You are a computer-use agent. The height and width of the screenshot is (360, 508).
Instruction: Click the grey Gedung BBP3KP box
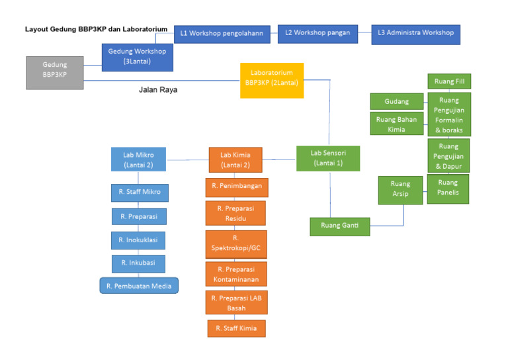pyautogui.click(x=55, y=73)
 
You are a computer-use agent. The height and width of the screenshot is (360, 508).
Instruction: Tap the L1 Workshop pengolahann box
pyautogui.click(x=222, y=34)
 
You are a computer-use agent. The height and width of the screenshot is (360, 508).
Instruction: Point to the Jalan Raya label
pyautogui.click(x=157, y=89)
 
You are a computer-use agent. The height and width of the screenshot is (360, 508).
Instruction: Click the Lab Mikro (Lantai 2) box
pyautogui.click(x=138, y=160)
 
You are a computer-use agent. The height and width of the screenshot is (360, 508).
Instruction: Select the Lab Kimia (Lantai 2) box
pyautogui.click(x=235, y=160)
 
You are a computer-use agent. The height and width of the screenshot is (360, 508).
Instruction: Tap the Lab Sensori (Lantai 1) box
pyautogui.click(x=327, y=158)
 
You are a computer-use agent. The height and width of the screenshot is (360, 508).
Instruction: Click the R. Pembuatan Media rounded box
pyautogui.click(x=139, y=286)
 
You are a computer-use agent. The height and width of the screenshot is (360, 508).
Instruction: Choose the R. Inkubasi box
pyautogui.click(x=138, y=263)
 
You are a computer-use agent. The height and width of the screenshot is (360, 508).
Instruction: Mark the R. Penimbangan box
pyautogui.click(x=236, y=187)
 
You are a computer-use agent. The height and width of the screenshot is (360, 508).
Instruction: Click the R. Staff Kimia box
pyautogui.click(x=236, y=328)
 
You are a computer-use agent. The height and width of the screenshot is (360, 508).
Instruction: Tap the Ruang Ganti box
pyautogui.click(x=340, y=226)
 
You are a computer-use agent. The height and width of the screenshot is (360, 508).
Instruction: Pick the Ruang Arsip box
pyautogui.click(x=400, y=189)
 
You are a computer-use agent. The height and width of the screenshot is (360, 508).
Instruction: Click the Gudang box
pyautogui.click(x=397, y=102)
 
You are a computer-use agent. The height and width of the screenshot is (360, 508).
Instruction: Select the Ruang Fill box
pyautogui.click(x=448, y=82)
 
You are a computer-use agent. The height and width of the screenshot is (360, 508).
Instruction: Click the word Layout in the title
pyautogui.click(x=36, y=30)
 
